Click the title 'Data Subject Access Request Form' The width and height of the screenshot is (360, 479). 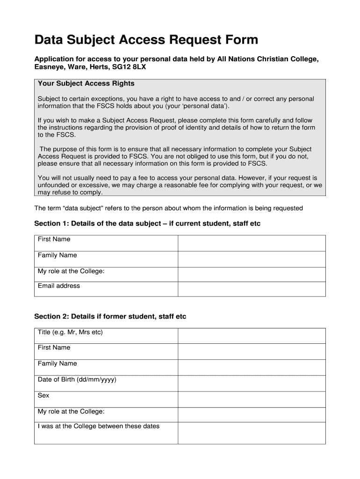[146, 40]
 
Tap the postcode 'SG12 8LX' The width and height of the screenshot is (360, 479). [132, 67]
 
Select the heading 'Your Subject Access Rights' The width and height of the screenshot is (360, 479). [86, 83]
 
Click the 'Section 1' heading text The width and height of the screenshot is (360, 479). [147, 224]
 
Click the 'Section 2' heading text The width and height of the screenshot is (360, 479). [110, 317]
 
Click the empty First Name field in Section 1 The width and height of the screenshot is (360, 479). [251, 243]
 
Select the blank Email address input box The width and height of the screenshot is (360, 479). [251, 289]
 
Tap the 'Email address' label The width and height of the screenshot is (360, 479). [59, 286]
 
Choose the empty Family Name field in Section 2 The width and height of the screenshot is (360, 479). [251, 367]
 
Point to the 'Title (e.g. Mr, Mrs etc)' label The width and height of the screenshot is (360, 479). [70, 332]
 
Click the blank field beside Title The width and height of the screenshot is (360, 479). [251, 335]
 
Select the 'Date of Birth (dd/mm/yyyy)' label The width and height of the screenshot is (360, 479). [77, 379]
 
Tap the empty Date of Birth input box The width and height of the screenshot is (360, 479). [251, 383]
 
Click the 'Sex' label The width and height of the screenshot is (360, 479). [43, 395]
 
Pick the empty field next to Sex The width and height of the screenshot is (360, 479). [251, 399]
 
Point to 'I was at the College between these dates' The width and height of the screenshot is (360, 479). [99, 426]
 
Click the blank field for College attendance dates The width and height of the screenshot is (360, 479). [251, 433]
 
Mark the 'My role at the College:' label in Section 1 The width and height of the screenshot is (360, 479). [71, 271]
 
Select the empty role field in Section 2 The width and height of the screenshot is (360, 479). [251, 415]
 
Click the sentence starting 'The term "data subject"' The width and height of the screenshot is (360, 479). [168, 208]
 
